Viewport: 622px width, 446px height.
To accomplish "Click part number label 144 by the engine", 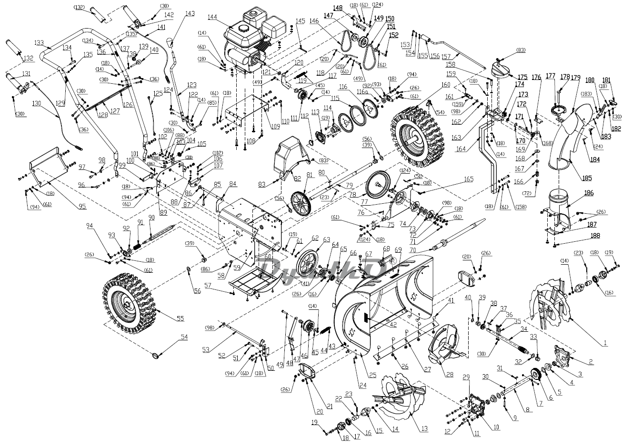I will [212, 17].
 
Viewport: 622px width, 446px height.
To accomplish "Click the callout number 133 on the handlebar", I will [39, 43].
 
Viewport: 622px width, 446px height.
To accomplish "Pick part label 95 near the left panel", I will [82, 206].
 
